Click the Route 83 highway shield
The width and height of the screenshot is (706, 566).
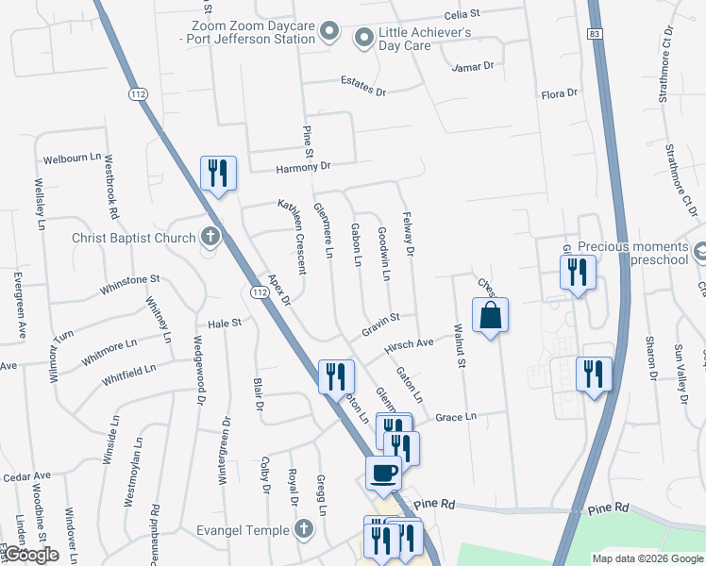coord(593,33)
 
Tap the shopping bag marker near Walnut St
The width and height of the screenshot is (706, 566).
coord(491,316)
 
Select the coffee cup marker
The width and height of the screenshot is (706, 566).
coord(383,472)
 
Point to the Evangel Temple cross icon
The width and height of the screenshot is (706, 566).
coord(304,529)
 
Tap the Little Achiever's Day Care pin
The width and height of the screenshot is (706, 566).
coord(363,38)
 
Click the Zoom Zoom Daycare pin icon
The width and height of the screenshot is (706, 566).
coord(328,32)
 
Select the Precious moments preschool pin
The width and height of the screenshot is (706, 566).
coord(699,253)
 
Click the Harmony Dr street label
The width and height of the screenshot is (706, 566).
coord(304,167)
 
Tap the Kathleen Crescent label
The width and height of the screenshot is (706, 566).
coord(292,236)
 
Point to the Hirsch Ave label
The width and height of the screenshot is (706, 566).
coord(408,345)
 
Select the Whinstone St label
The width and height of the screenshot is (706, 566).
coord(131,279)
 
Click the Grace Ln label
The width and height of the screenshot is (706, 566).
coord(456,416)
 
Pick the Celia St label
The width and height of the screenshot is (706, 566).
coord(463,15)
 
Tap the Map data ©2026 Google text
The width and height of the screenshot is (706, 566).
coord(647,558)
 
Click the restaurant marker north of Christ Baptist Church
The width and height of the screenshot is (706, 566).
coord(218,174)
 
